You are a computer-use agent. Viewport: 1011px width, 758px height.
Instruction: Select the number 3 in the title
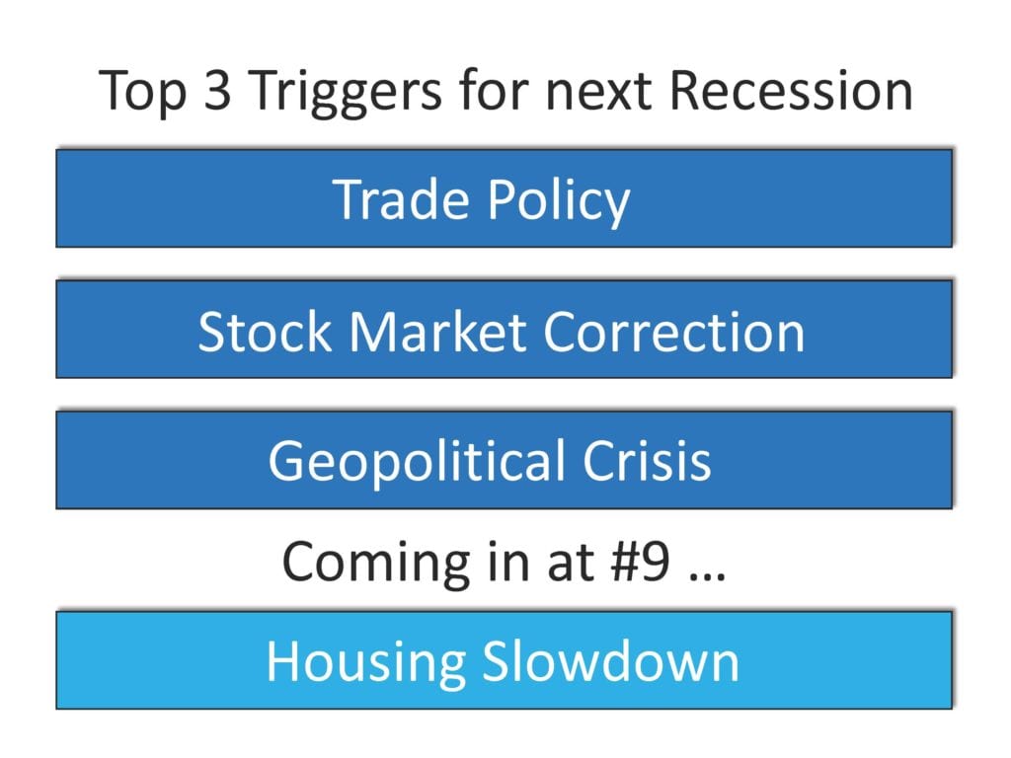[x=217, y=90]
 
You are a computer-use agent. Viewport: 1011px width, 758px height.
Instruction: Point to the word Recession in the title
[x=791, y=90]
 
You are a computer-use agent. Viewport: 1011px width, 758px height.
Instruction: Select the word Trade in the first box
[x=401, y=199]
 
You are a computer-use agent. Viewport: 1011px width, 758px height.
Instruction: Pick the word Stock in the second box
[x=265, y=332]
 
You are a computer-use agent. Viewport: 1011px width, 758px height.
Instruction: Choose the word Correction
[x=674, y=332]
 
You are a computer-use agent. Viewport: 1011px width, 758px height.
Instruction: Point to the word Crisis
[x=647, y=460]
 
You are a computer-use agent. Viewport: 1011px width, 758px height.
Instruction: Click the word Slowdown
[x=610, y=661]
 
